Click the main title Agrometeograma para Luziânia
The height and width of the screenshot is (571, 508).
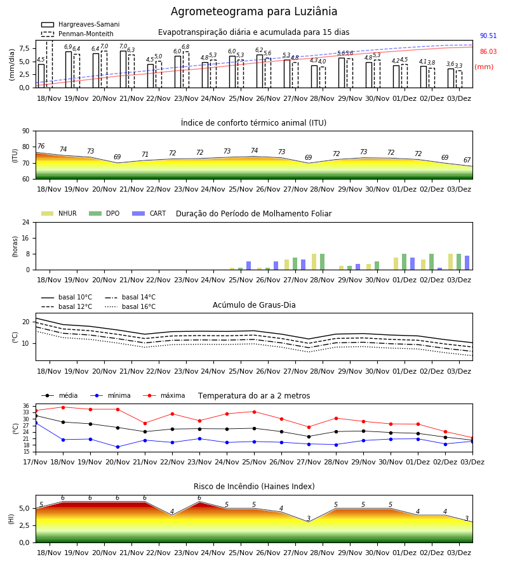(254, 11)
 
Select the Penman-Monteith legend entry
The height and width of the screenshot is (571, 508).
(77, 34)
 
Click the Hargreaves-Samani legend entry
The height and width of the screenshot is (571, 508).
(80, 24)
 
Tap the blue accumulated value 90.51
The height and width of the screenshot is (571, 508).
(488, 36)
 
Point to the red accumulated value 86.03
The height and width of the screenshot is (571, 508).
(488, 52)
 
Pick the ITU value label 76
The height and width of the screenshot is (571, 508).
(41, 146)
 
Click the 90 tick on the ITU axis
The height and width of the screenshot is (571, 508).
(26, 131)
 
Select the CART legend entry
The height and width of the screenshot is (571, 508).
(149, 213)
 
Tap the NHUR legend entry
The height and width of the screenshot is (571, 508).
(59, 213)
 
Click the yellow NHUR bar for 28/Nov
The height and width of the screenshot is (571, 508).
(314, 262)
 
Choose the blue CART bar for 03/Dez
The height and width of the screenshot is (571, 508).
(467, 263)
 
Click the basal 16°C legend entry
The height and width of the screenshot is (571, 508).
(130, 306)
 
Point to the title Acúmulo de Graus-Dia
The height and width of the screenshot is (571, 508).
(254, 305)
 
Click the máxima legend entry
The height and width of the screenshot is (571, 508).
(164, 395)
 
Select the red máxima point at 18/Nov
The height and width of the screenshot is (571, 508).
(63, 407)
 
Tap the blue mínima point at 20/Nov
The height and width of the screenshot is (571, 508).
(117, 447)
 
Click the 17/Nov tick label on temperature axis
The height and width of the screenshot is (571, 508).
(36, 462)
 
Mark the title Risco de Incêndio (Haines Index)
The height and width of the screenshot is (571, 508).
(254, 487)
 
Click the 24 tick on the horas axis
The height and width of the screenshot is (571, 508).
(26, 223)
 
